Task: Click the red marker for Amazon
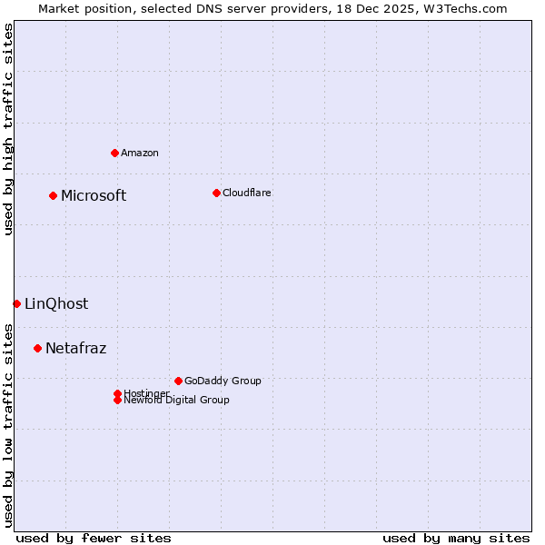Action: coord(114,153)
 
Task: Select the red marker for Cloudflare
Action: coord(216,193)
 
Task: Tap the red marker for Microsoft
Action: coord(53,195)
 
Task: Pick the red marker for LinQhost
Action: coord(16,303)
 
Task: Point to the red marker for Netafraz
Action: coord(37,348)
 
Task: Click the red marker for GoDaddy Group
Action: coord(178,381)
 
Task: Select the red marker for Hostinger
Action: coord(117,393)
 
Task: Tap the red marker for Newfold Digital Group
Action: coord(117,401)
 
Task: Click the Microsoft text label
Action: coord(94,196)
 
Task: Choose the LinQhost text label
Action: coord(56,304)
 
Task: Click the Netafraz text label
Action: coord(75,349)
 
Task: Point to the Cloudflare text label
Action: coord(246,193)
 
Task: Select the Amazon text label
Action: coord(139,153)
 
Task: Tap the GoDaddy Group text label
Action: coord(222,381)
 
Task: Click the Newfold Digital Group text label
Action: coord(176,401)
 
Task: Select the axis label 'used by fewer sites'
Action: coord(94,538)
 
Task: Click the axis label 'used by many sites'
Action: coord(456,538)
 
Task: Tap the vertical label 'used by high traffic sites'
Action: coord(8,129)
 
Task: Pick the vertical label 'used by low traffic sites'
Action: coord(8,424)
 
